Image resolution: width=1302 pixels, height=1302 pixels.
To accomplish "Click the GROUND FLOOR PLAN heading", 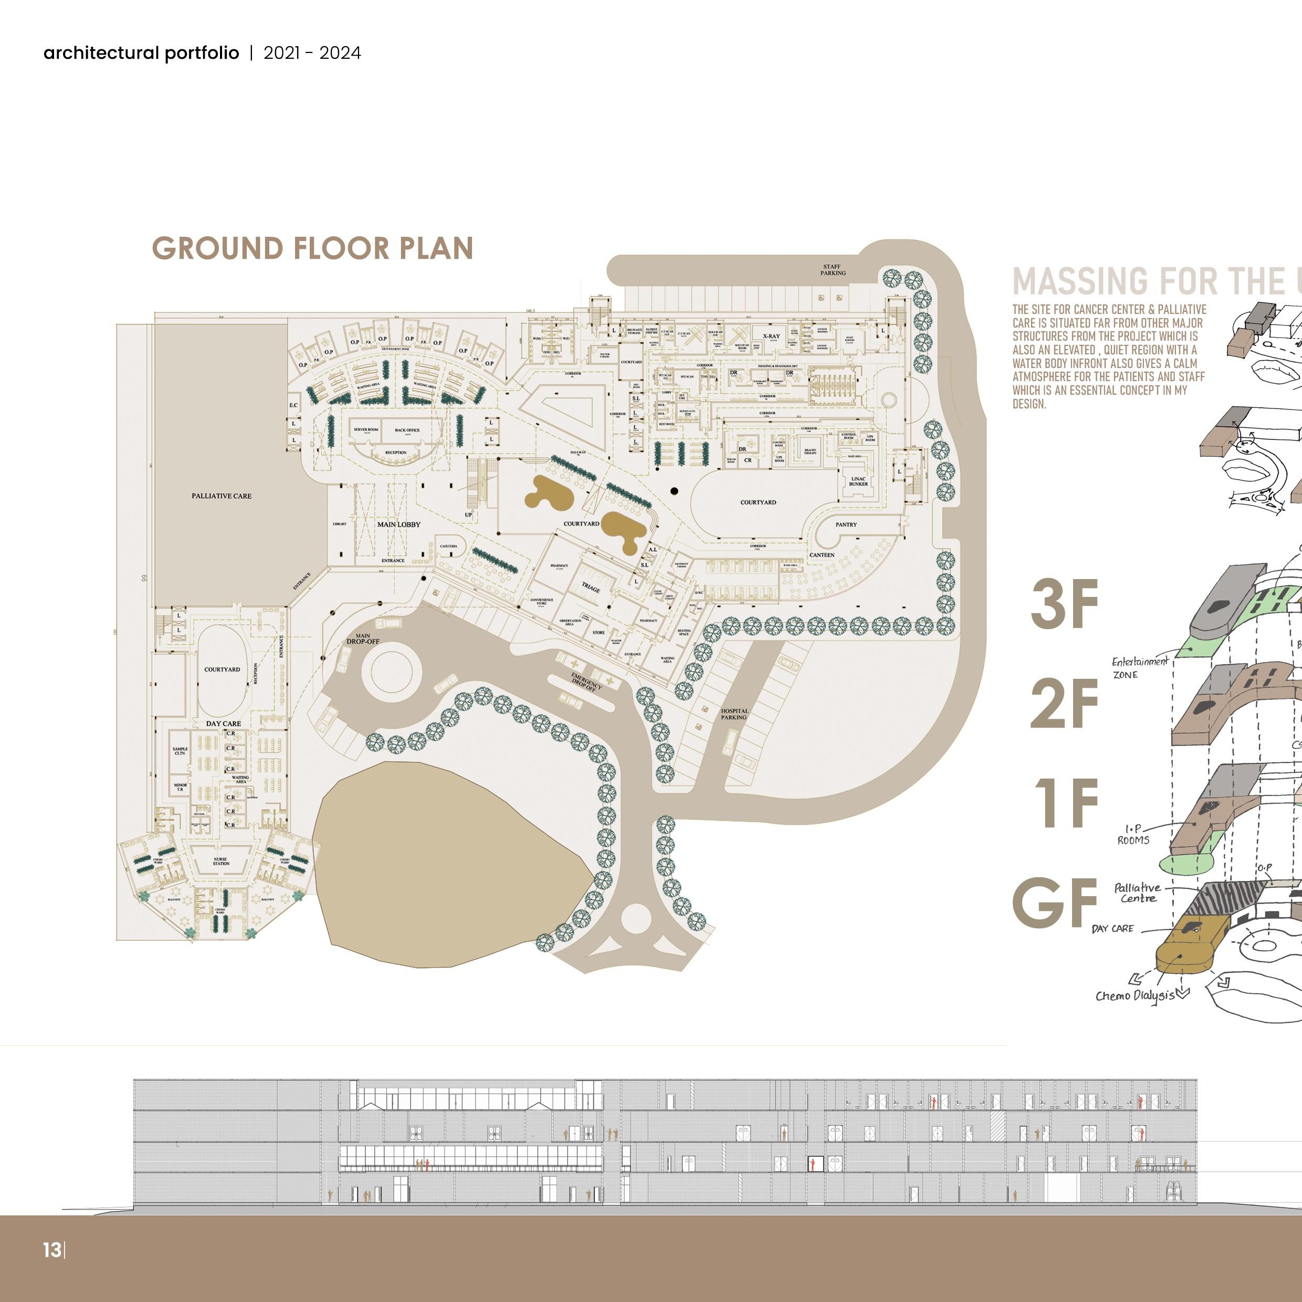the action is tap(312, 248).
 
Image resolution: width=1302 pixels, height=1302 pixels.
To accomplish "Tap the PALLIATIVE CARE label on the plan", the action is tap(221, 496).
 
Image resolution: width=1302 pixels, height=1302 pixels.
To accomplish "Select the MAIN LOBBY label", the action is tap(398, 524).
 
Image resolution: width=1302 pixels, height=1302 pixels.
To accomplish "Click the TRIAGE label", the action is tap(591, 589).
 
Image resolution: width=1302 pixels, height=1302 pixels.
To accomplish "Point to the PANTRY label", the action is tap(846, 524).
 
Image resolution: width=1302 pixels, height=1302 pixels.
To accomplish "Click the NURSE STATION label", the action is tap(221, 861).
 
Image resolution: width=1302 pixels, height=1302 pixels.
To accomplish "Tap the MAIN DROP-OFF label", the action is tap(363, 639).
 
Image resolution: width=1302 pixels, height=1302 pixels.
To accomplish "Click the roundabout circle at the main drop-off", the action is tap(392, 673).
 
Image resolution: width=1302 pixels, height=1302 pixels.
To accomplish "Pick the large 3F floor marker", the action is tap(1064, 604).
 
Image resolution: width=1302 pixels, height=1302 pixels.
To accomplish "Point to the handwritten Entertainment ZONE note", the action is tap(1140, 667).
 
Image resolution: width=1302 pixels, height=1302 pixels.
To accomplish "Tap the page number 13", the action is tap(52, 1250).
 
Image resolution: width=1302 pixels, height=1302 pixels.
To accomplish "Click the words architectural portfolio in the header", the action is tap(141, 53).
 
